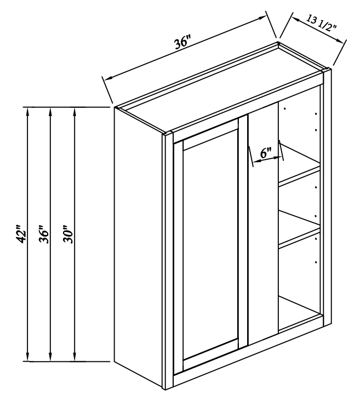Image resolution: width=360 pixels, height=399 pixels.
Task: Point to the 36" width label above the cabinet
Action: coord(182,44)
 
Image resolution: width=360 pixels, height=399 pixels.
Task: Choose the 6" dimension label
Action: coord(266,153)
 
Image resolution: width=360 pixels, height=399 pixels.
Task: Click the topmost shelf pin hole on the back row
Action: coord(285,109)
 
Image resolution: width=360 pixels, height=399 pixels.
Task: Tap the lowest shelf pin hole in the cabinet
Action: coord(316,262)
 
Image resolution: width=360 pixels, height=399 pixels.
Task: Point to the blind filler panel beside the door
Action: coord(263,224)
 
